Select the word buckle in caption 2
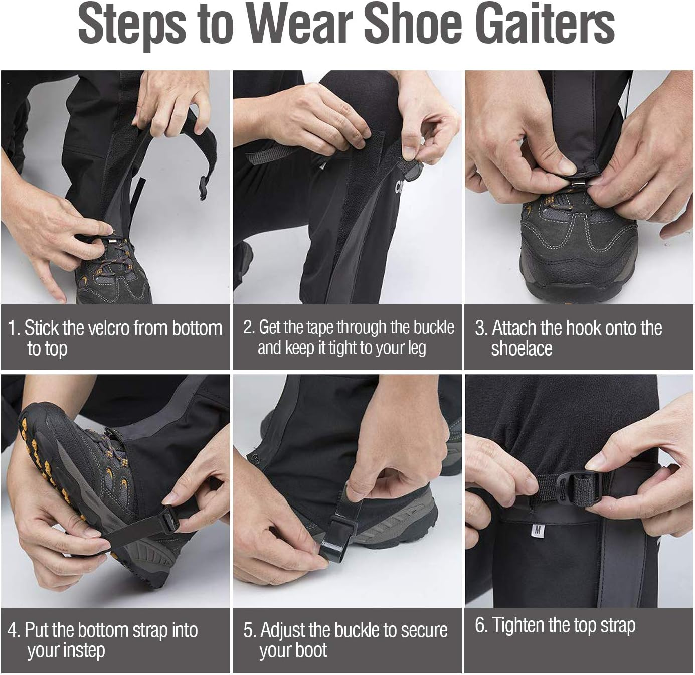pyautogui.click(x=434, y=327)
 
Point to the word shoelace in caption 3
pyautogui.click(x=522, y=349)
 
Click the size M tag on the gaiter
pyautogui.click(x=537, y=530)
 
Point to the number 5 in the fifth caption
pyautogui.click(x=249, y=630)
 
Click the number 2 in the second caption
pyautogui.click(x=248, y=327)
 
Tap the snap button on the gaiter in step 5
pyautogui.click(x=255, y=458)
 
